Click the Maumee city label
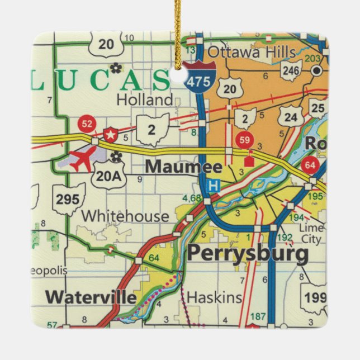(x=183, y=167)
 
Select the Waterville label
(x=91, y=297)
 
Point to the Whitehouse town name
(x=125, y=216)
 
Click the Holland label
(x=145, y=100)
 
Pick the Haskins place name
(x=215, y=297)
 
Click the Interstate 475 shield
(x=199, y=79)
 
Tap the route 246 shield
(x=290, y=70)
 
